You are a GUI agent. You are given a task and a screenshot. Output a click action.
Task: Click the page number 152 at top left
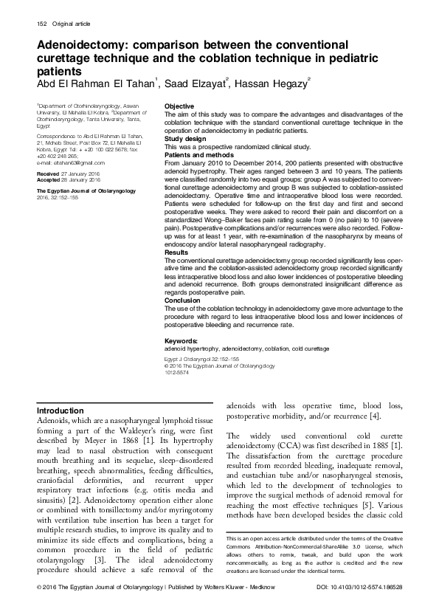43,27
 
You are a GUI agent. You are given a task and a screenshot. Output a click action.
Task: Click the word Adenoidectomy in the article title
79,47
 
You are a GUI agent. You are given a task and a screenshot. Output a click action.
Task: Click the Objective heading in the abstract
179,107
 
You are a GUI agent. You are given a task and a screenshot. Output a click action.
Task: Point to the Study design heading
185,138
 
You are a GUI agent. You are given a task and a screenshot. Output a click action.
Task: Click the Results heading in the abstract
176,252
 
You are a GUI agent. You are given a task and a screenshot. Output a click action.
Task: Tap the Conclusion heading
182,300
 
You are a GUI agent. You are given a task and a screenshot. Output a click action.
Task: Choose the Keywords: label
184,340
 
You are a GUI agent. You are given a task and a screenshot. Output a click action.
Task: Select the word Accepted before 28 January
49,179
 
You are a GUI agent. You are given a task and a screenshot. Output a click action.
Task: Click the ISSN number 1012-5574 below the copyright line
178,371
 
